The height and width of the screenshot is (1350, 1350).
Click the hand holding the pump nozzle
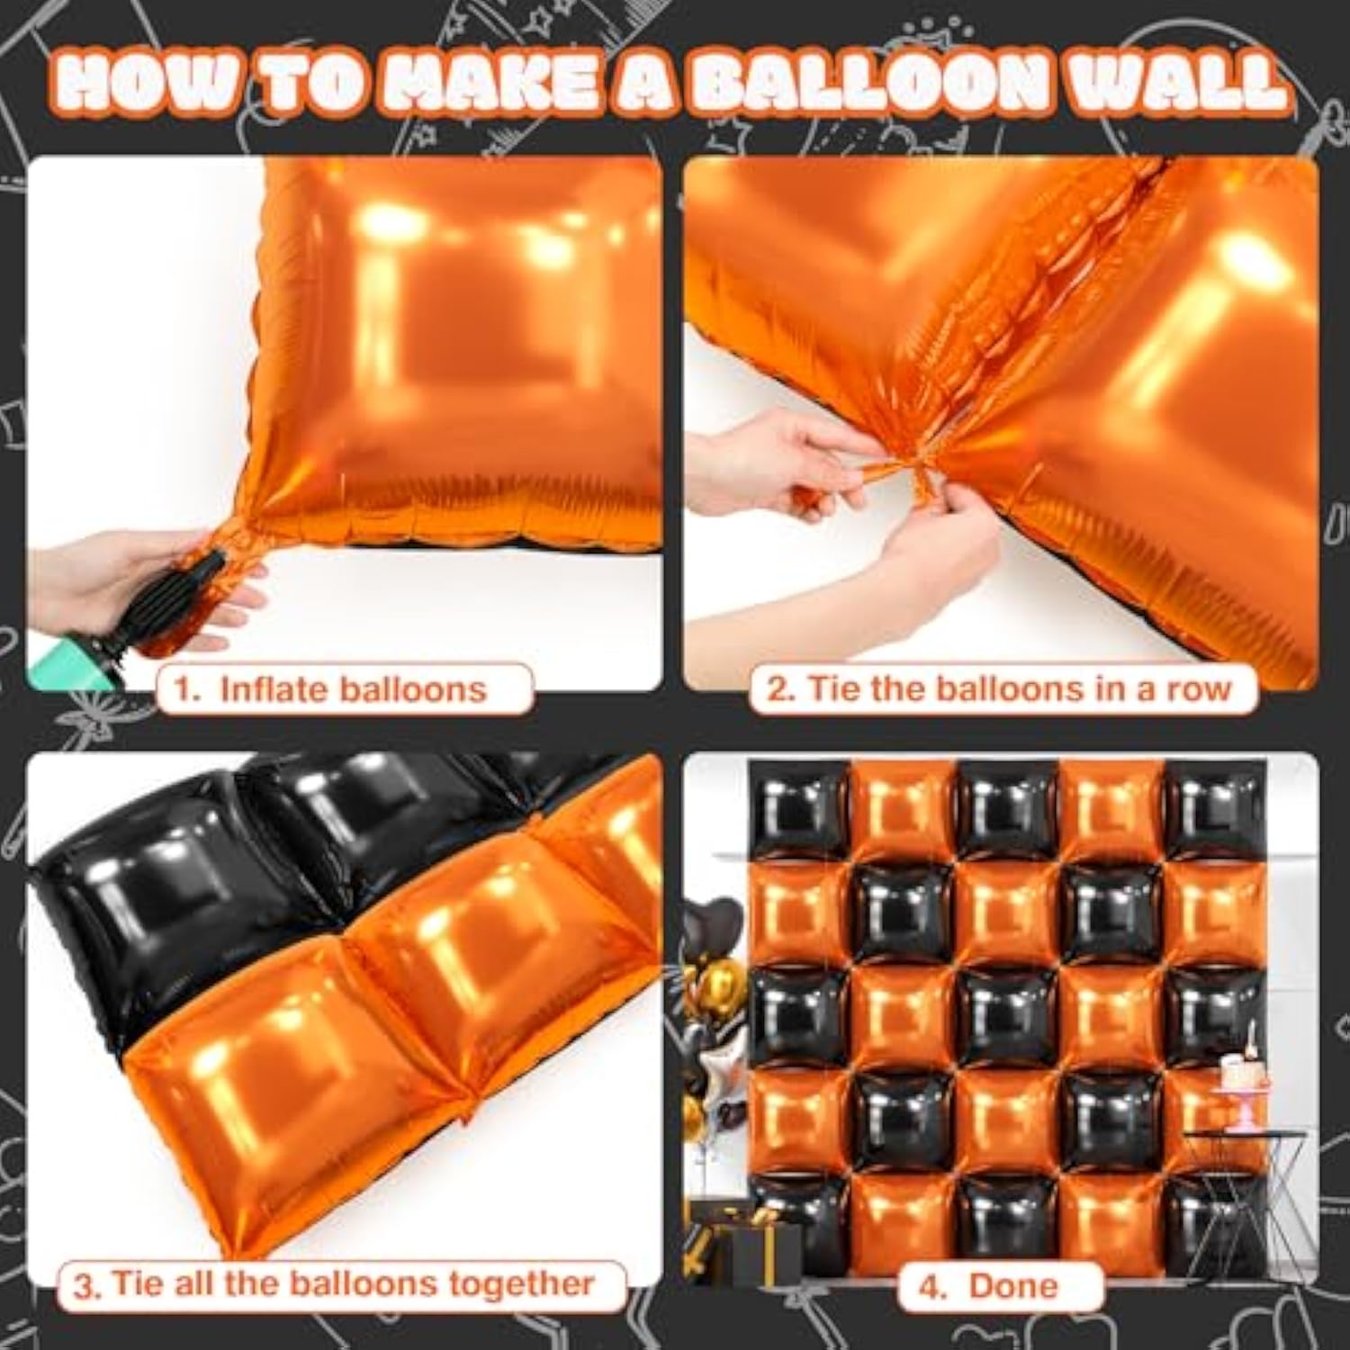[117, 576]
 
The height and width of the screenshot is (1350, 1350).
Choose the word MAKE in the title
[486, 83]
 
